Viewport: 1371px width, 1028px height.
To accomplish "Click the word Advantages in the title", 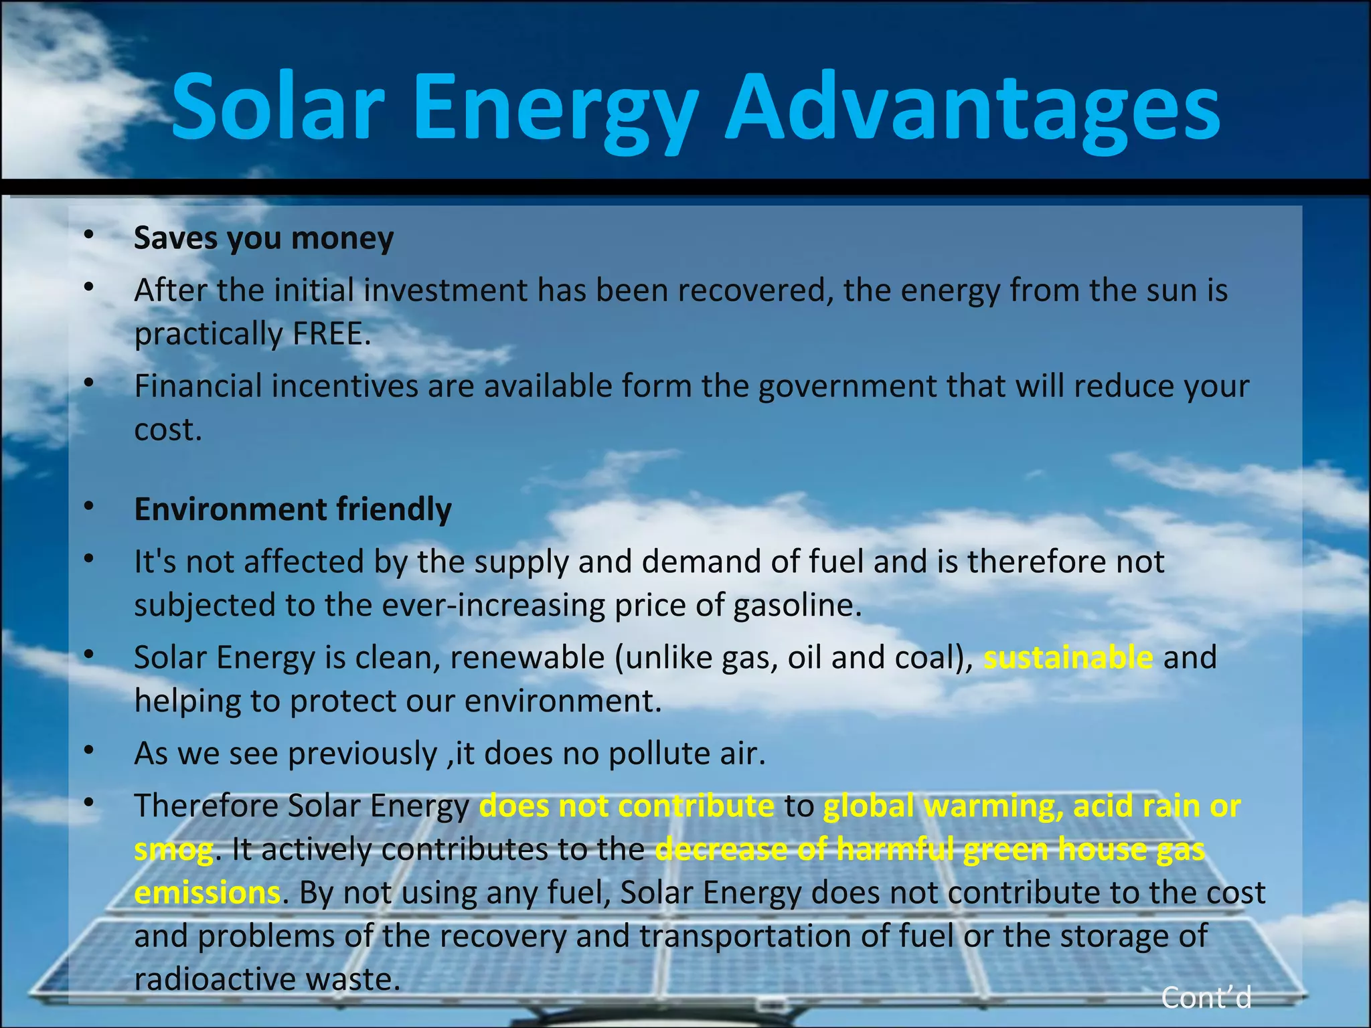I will pos(973,108).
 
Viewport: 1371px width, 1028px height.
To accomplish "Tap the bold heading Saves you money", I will pos(264,238).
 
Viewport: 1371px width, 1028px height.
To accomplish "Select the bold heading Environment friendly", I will pos(293,509).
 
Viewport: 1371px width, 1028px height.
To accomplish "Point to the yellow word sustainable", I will pos(1068,657).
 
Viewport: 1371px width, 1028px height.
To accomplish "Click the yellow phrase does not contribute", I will pos(627,806).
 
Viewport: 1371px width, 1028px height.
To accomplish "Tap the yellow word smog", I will pos(173,849).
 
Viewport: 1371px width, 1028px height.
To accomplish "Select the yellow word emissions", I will pos(207,893).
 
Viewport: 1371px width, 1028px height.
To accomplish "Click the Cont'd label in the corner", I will pos(1206,998).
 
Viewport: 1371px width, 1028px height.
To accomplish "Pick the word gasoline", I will pos(793,606).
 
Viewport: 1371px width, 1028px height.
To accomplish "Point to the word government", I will pos(848,386).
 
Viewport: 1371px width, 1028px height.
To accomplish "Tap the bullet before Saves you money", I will pos(88,235).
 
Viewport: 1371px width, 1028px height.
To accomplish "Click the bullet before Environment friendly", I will pos(88,507).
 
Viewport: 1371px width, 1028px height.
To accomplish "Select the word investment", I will pos(445,290).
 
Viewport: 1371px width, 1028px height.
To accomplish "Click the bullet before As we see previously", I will pos(88,751).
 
